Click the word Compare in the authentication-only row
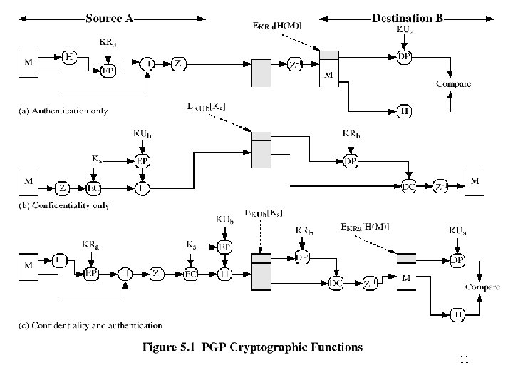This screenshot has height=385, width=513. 453,84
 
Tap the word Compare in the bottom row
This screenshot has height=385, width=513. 482,287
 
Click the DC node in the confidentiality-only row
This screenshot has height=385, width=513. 408,187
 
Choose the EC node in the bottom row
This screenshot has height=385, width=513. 191,274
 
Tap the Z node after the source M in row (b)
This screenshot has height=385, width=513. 62,188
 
